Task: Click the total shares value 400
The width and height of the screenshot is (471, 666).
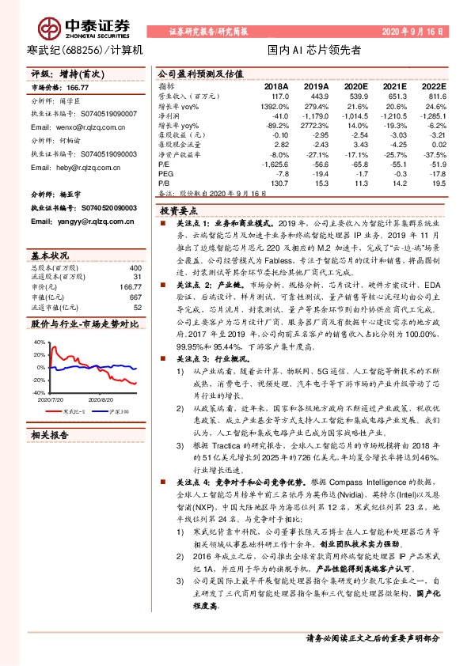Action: (135, 268)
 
